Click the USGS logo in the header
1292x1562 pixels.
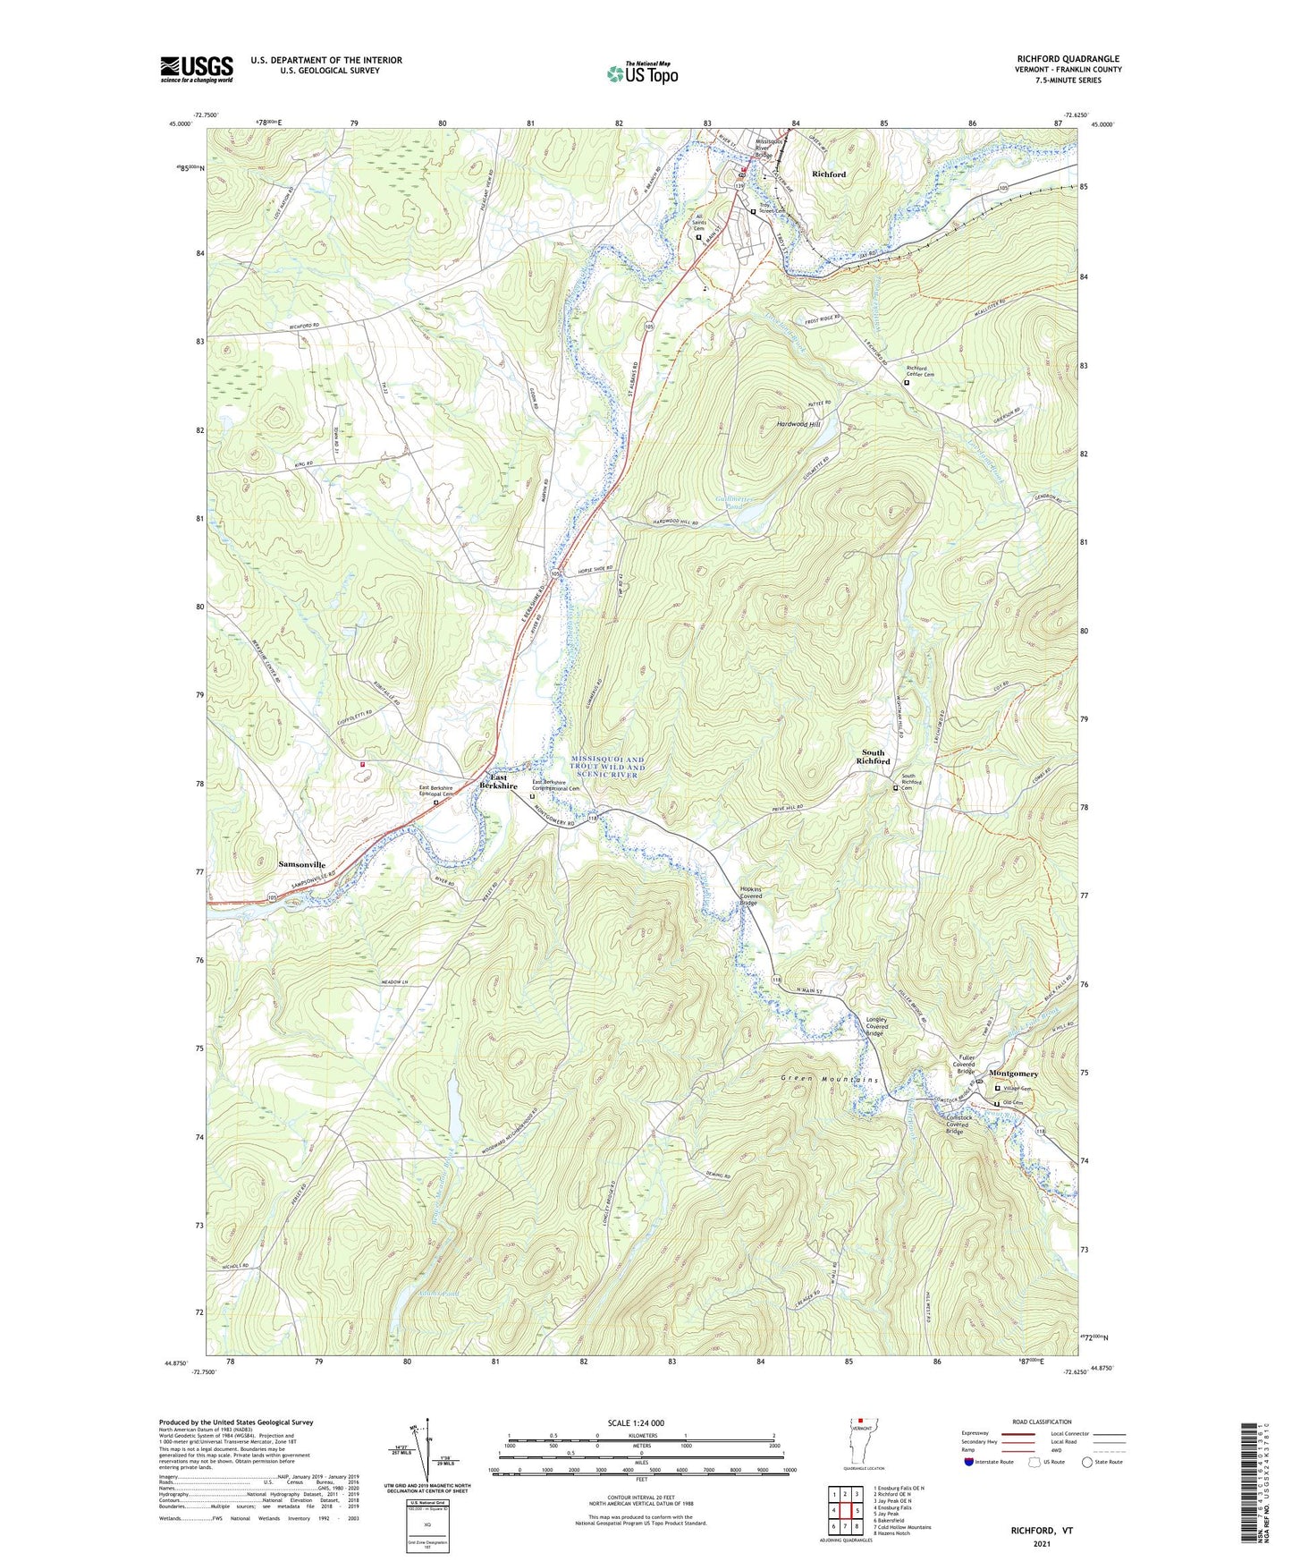[x=196, y=68]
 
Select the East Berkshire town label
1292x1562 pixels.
[x=498, y=782]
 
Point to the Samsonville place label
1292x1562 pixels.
[x=301, y=865]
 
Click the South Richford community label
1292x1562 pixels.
[x=874, y=757]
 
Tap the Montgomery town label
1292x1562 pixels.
[x=1013, y=1074]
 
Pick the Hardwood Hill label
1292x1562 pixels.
[x=798, y=424]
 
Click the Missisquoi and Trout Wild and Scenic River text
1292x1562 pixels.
[x=607, y=767]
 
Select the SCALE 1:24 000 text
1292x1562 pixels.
[x=641, y=1422]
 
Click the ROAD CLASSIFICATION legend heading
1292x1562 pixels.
[x=1042, y=1422]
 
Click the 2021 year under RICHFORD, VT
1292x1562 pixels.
[x=1041, y=1544]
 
